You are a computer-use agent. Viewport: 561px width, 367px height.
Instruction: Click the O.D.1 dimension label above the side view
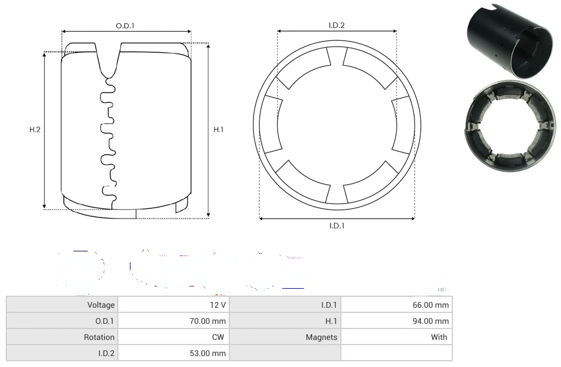coord(125,26)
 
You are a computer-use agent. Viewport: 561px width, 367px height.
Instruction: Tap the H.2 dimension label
coord(34,129)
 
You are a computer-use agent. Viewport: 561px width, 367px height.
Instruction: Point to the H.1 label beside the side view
coord(218,129)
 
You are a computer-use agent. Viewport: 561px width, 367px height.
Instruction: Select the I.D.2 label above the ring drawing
coord(337,25)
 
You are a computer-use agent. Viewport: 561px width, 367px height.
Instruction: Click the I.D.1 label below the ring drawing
coord(337,225)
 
